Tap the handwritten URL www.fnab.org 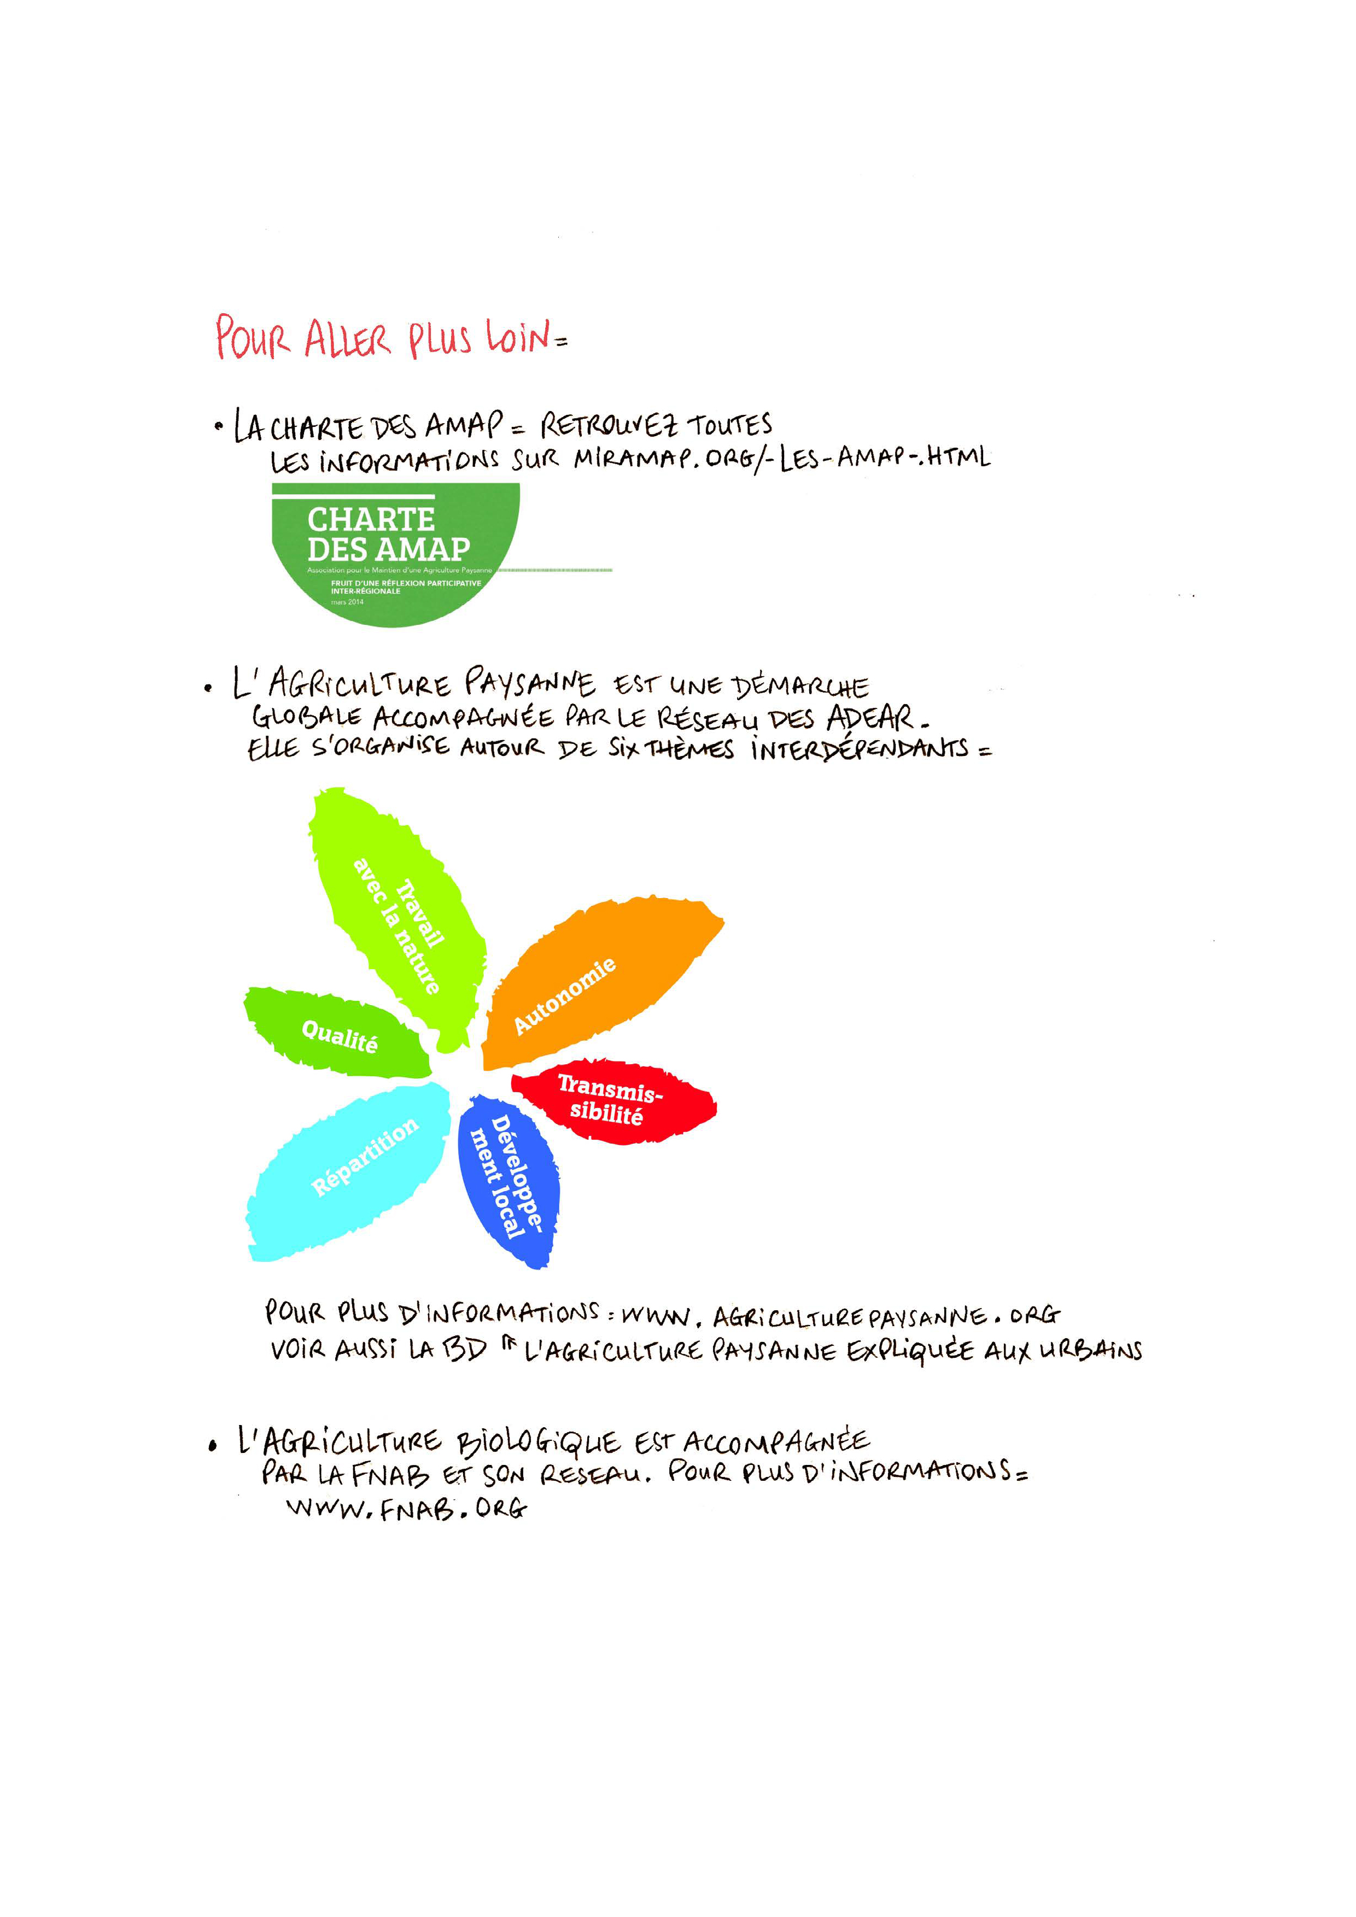point(407,1509)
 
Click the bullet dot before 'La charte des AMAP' point(219,427)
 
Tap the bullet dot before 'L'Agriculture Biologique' point(213,1445)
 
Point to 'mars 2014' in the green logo point(347,601)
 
